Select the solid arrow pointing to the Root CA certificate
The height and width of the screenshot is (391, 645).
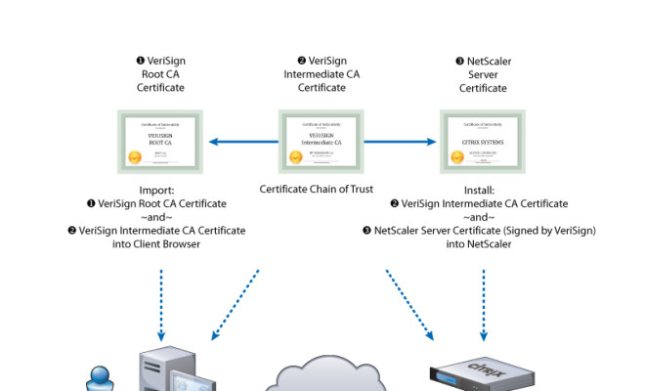(x=239, y=142)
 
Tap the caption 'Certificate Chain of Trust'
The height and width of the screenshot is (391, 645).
(x=322, y=189)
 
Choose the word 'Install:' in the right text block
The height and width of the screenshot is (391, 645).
(x=483, y=190)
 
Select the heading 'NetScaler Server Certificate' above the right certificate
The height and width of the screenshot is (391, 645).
(x=483, y=74)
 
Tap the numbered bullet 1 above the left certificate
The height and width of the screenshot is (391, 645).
(x=140, y=62)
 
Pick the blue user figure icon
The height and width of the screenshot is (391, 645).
(x=100, y=378)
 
